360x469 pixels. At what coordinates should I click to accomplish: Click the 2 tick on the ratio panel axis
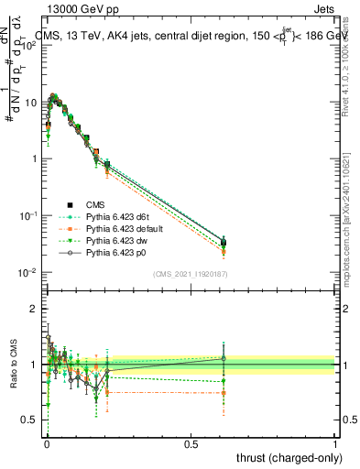pyautogui.click(x=37, y=309)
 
